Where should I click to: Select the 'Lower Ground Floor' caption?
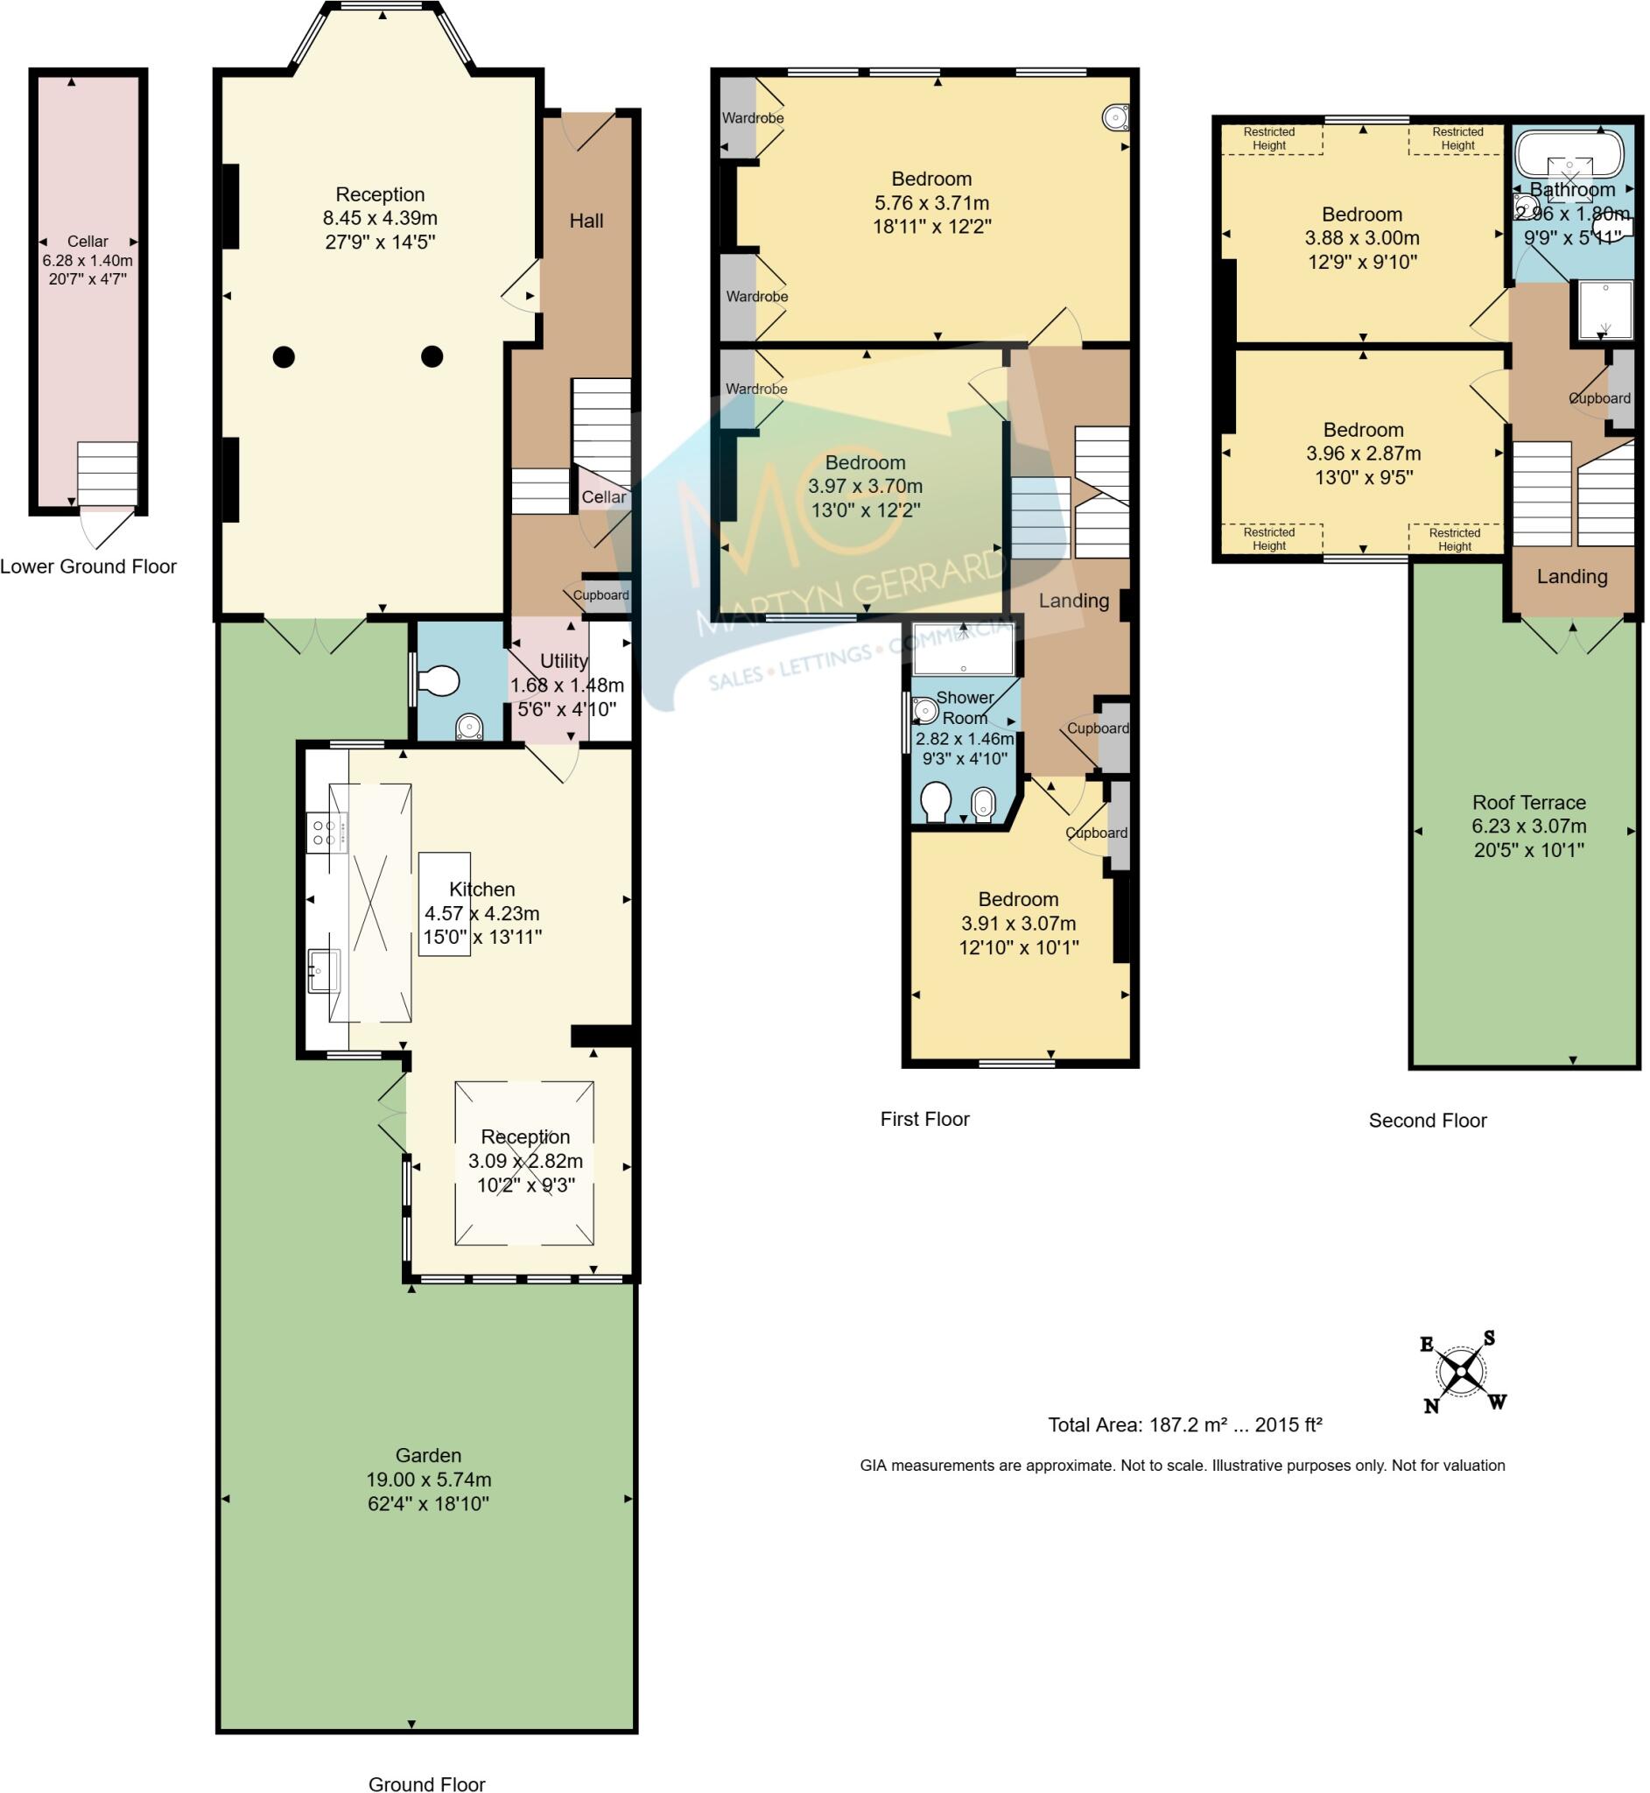pos(88,566)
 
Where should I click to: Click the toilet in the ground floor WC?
pos(439,682)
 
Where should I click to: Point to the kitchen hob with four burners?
pos(325,833)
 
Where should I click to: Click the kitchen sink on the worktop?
pos(323,970)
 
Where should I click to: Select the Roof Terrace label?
pos(1528,802)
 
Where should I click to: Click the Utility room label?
pos(564,661)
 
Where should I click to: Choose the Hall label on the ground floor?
pos(586,221)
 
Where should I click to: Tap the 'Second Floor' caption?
pos(1427,1121)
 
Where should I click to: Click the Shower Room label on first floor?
pos(965,707)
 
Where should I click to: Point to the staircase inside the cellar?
pos(107,475)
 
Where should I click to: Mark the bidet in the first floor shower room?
pos(982,804)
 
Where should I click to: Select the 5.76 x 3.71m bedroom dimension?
pos(931,203)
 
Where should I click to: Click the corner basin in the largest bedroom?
pos(1114,116)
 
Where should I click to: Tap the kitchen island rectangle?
pos(445,904)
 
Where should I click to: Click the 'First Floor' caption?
pos(924,1119)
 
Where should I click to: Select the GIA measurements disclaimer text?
pos(1183,1466)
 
